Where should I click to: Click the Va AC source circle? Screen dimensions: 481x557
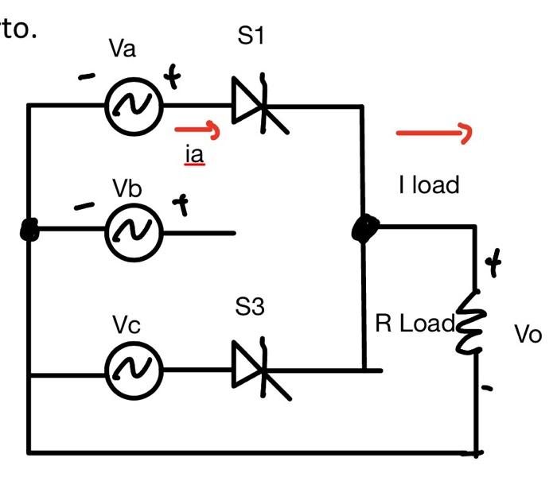click(x=134, y=105)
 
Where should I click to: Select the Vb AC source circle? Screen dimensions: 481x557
click(x=134, y=231)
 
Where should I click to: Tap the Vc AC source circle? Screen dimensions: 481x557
click(x=134, y=370)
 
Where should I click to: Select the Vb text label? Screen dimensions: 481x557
click(x=127, y=188)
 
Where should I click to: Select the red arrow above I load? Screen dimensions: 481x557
click(x=434, y=133)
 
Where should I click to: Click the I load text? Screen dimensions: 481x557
click(x=429, y=185)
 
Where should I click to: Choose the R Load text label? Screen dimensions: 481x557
click(x=414, y=324)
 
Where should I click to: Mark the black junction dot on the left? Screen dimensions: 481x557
click(x=29, y=231)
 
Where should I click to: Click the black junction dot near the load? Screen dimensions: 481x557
click(x=364, y=229)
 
